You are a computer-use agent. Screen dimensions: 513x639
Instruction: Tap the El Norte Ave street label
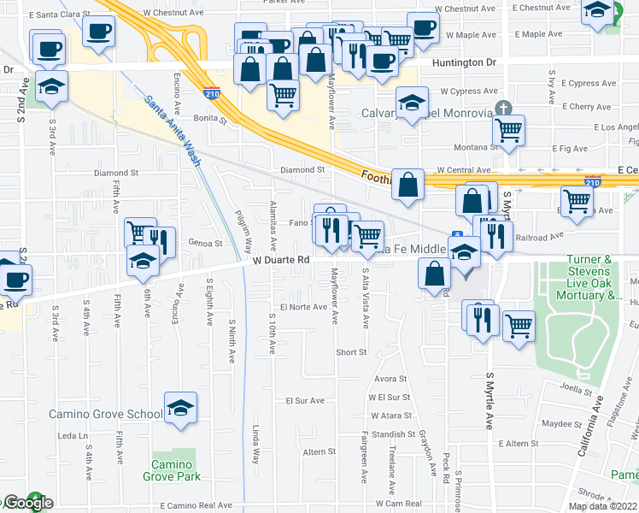pos(303,307)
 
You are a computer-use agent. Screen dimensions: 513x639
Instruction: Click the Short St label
pos(350,351)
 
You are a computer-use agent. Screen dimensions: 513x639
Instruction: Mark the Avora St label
pos(389,380)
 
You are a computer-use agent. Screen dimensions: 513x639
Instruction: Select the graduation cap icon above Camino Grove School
pos(180,408)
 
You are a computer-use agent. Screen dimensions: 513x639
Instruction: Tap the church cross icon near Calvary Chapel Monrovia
pos(504,109)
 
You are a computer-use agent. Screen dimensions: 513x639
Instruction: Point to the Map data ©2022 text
pos(603,506)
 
